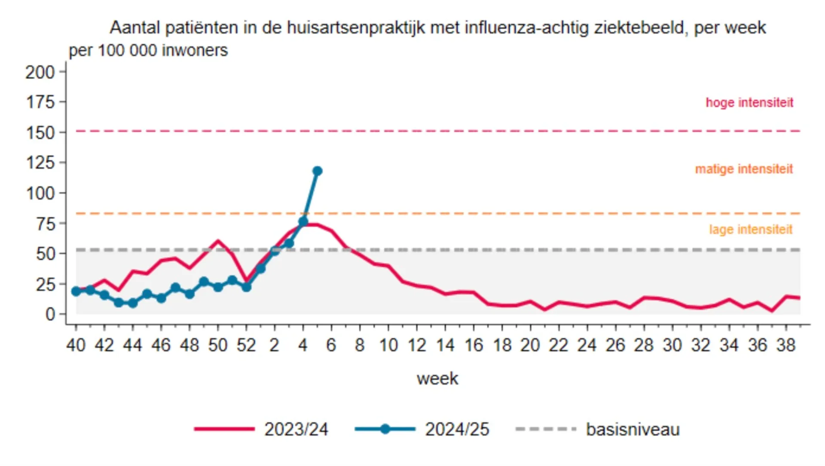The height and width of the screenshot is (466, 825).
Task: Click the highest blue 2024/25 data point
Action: [318, 171]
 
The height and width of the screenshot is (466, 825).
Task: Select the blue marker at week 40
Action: [76, 291]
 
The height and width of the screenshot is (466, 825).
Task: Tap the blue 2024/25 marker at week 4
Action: [303, 222]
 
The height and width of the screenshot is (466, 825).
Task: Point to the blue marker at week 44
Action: [133, 303]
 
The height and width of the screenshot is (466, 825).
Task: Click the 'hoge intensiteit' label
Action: [749, 103]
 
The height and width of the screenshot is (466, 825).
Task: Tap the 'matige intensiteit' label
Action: [744, 169]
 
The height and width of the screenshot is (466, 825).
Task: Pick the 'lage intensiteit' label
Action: [750, 230]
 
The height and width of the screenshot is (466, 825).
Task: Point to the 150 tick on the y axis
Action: [41, 132]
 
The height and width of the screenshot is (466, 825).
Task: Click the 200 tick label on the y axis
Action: [40, 72]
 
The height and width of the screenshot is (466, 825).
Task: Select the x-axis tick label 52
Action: [246, 345]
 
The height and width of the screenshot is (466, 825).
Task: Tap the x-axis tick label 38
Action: [785, 345]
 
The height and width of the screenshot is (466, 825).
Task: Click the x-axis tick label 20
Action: [530, 345]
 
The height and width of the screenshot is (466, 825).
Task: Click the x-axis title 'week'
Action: [437, 379]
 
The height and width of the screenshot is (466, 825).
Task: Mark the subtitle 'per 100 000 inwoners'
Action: [148, 51]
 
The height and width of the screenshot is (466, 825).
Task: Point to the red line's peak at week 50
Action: [218, 241]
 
